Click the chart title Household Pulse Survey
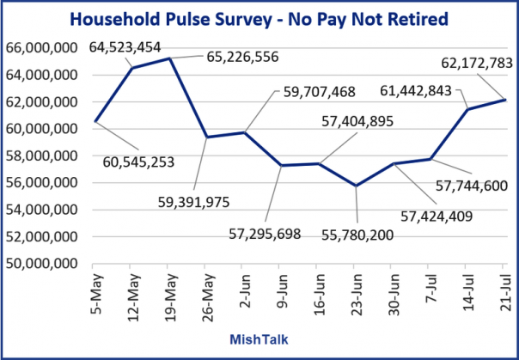259,18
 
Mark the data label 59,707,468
318,91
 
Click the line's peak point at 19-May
169,58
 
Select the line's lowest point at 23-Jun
357,186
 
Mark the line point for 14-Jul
468,108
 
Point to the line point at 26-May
206,137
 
